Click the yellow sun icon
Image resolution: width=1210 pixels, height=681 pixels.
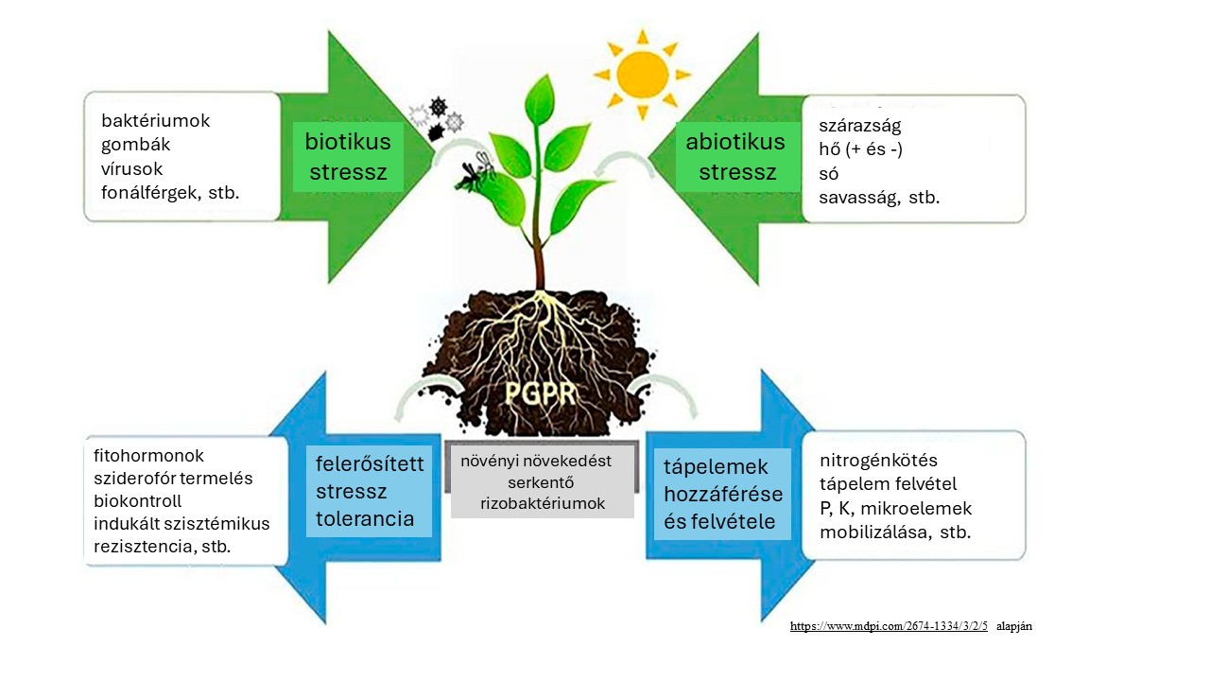(643, 73)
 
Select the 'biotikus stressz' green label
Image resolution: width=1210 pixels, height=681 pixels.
(348, 157)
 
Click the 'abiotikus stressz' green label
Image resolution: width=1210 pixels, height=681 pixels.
(735, 157)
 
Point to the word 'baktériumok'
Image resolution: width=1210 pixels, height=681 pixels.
(155, 121)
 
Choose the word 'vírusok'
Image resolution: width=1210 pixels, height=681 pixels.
(132, 168)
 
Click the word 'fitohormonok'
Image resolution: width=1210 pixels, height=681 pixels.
(148, 455)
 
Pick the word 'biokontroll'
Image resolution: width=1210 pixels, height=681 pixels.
(137, 500)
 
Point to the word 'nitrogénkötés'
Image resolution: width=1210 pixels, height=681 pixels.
(878, 461)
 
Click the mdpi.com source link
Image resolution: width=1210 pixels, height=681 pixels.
(889, 626)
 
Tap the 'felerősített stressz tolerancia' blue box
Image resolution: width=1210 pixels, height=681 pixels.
(370, 491)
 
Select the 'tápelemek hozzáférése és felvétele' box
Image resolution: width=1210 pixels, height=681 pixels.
(723, 494)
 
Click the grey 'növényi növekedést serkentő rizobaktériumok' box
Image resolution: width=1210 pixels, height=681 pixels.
(542, 482)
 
